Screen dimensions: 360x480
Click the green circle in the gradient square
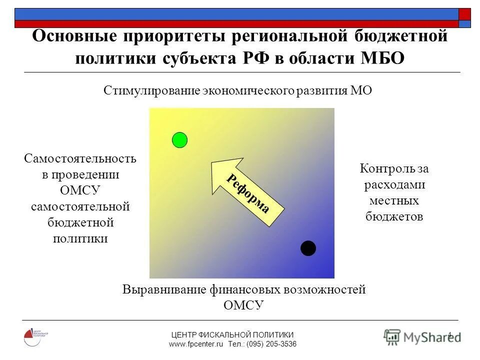pos(179,140)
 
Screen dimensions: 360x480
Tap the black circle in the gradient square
pos(308,248)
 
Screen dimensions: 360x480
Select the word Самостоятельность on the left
pos(80,158)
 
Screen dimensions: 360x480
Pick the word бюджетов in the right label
pos(394,216)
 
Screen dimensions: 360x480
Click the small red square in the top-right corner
pos(464,13)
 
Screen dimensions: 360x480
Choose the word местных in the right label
pos(394,200)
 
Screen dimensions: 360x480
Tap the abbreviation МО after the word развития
pos(361,91)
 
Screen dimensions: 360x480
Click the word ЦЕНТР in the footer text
pos(183,334)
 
